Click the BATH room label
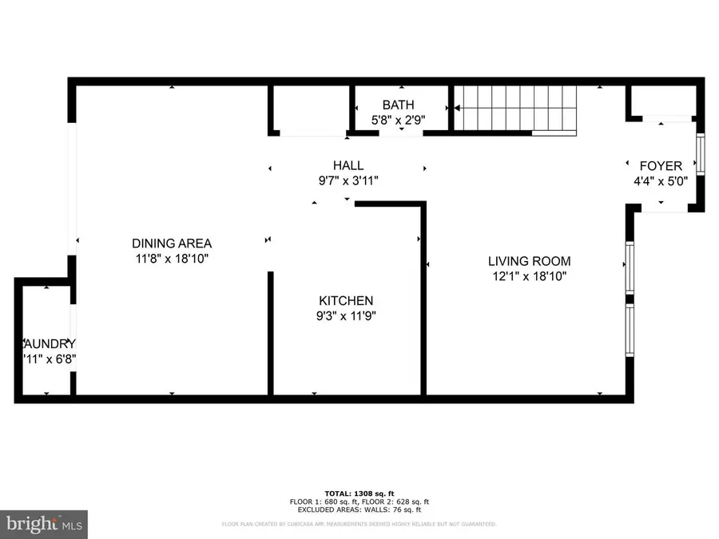(x=398, y=105)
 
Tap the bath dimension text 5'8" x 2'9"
(x=398, y=120)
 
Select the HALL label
(x=348, y=165)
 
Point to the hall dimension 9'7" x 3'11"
(x=348, y=180)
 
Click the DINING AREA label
(x=172, y=244)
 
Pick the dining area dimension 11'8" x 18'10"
(x=172, y=259)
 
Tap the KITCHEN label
(x=346, y=300)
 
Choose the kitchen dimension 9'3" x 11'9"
(x=346, y=315)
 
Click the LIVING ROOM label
(x=530, y=261)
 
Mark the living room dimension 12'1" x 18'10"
(x=530, y=276)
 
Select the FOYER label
(x=661, y=166)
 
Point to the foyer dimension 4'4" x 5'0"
(x=661, y=181)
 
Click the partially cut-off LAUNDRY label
(x=50, y=343)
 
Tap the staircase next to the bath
(x=514, y=109)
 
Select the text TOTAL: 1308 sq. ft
(x=359, y=493)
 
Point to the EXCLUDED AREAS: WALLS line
(x=359, y=509)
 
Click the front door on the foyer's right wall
(x=701, y=155)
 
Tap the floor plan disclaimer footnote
(x=359, y=525)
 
